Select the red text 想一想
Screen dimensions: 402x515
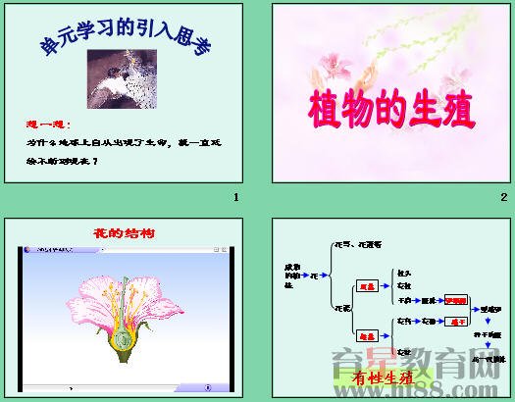click(46, 126)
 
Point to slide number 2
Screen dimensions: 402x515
click(502, 198)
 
